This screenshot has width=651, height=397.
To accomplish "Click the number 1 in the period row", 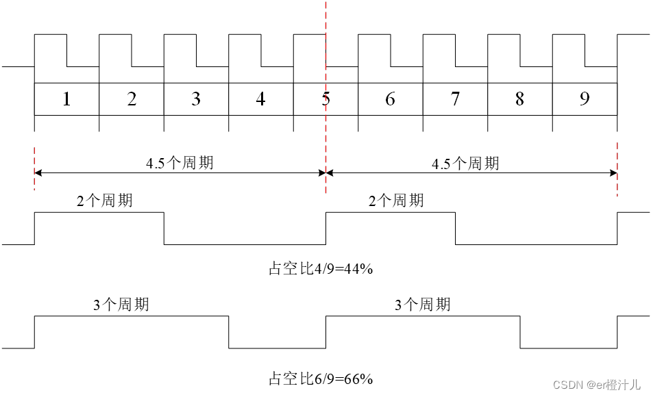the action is (x=66, y=99).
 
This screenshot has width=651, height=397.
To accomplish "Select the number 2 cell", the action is (x=132, y=99).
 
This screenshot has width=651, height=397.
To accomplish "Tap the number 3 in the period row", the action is (x=196, y=99).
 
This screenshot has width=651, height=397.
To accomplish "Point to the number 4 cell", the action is (x=260, y=99).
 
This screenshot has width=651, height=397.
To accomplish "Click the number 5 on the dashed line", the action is (x=325, y=99).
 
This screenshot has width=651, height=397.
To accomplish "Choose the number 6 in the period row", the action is (x=390, y=99).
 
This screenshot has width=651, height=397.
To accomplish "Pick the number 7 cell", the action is (x=455, y=99).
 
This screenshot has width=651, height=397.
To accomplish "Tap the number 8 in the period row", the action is (x=519, y=99).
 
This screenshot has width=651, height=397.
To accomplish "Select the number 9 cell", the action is (x=585, y=99).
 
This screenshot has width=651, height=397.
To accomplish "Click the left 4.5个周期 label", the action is (x=180, y=163).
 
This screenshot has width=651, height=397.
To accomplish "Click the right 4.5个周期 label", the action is (x=465, y=163).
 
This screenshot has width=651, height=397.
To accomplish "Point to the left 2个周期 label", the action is (x=105, y=201).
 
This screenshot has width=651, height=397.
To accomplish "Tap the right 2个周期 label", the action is (x=396, y=201).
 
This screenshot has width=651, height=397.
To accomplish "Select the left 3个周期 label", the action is (x=121, y=305).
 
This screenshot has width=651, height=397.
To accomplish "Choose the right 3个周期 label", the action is (x=422, y=305).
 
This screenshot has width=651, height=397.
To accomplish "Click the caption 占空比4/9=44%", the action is (x=320, y=268).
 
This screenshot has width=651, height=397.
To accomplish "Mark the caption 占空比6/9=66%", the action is (x=320, y=379).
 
